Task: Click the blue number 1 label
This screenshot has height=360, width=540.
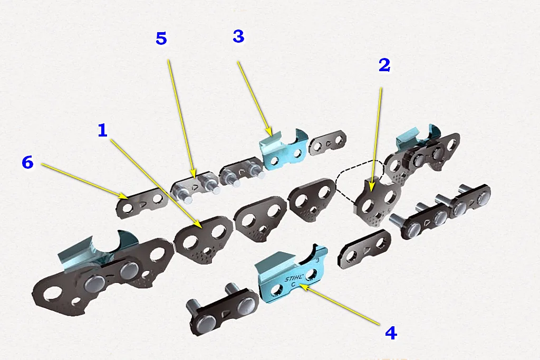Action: point(103,130)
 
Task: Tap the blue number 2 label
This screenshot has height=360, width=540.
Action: point(384,65)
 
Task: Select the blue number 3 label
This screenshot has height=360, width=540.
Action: point(239,36)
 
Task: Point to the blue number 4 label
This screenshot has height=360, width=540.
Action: point(391,333)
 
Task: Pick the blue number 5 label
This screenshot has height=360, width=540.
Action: point(161,38)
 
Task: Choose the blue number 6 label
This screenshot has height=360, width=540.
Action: point(27,162)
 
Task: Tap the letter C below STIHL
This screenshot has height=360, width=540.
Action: point(293,284)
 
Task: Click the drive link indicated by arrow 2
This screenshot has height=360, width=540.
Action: point(377,201)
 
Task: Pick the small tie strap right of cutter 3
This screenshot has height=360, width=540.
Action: point(328,142)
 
